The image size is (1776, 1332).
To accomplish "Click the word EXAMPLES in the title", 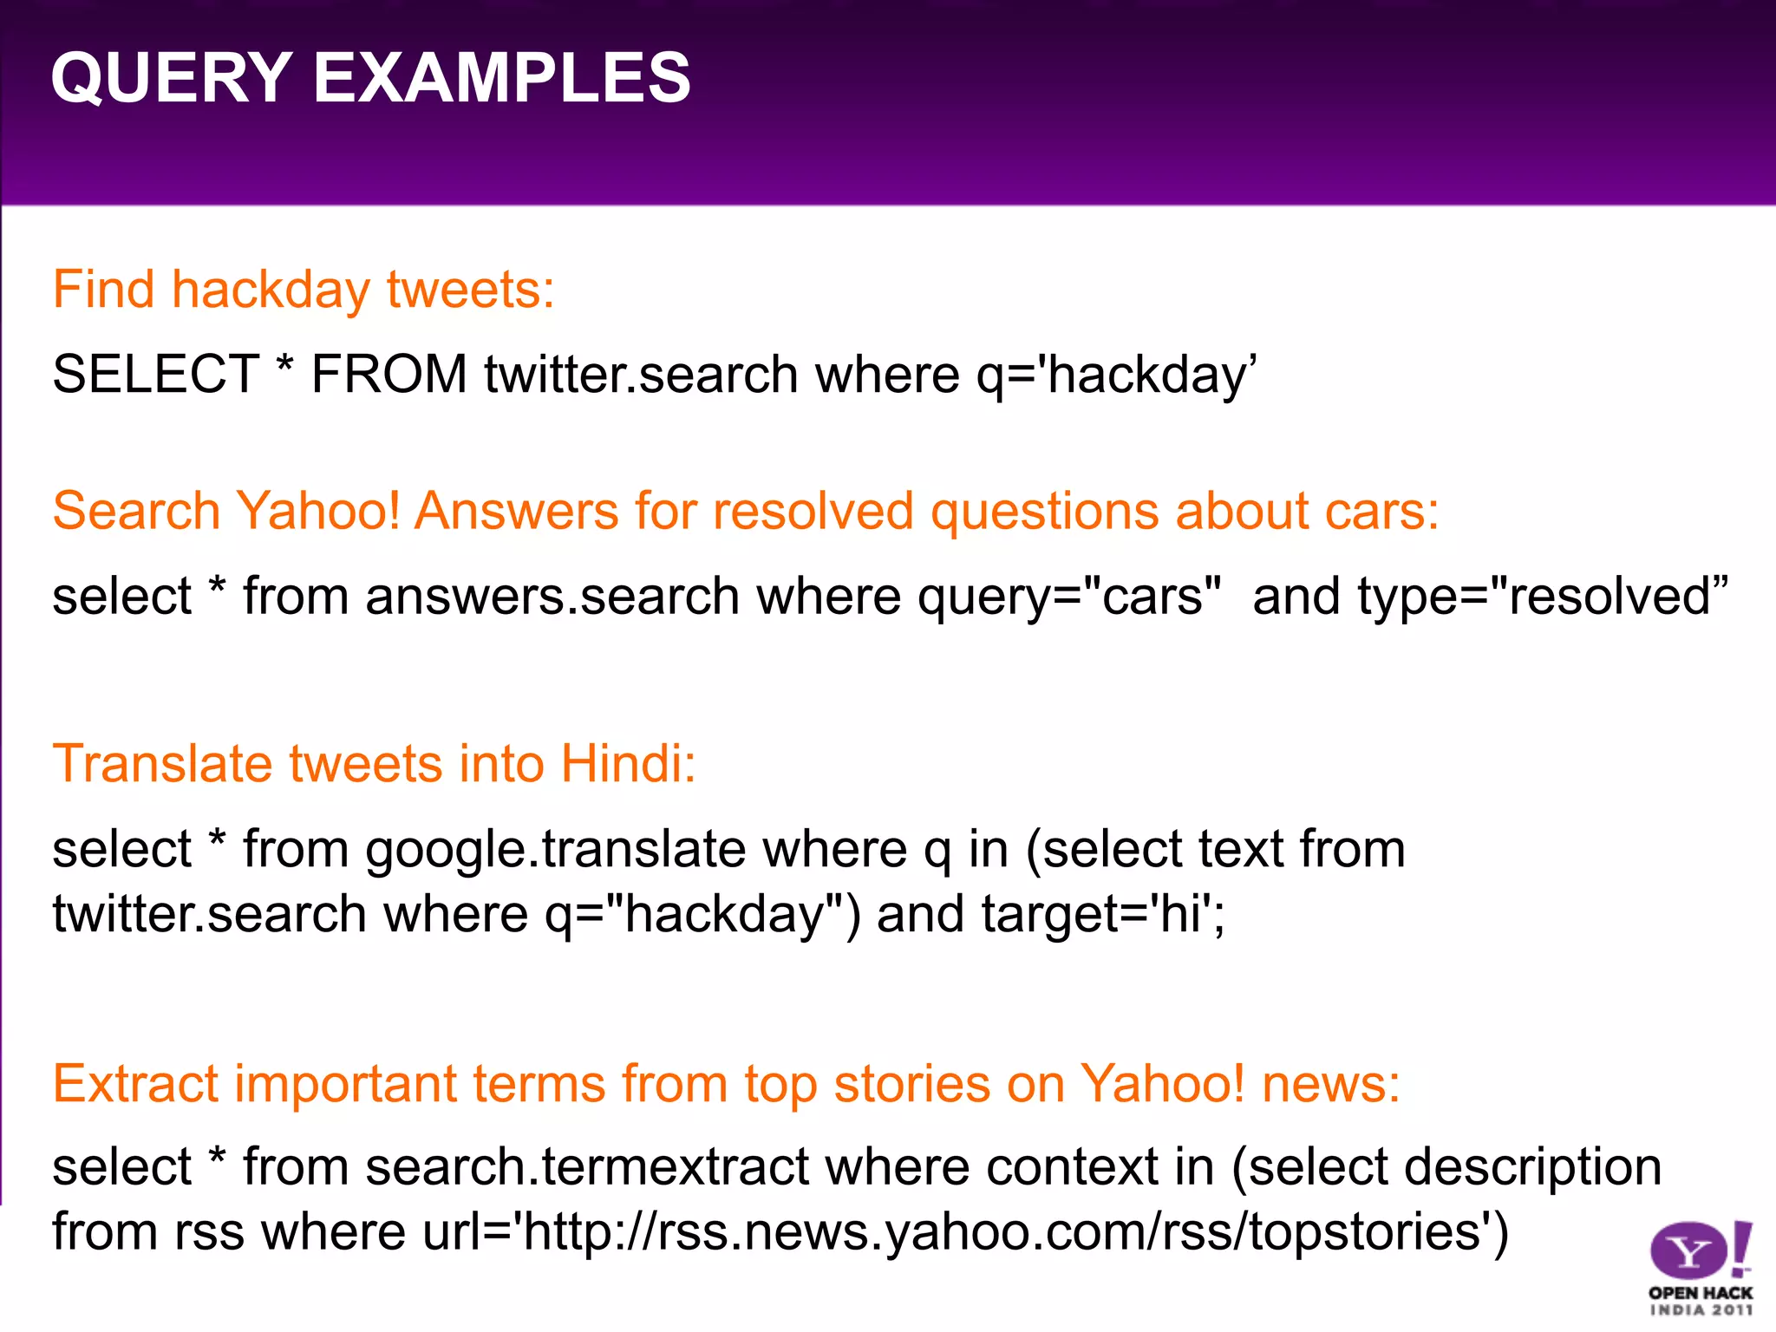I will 501,78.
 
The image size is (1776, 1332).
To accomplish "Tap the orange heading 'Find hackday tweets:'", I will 304,289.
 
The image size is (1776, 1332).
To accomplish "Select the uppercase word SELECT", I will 156,375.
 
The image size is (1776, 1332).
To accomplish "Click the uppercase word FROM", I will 389,375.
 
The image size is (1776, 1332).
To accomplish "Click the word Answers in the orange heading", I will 517,510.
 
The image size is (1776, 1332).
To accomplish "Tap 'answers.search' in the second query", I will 552,597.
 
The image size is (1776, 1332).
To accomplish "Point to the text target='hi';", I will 1104,915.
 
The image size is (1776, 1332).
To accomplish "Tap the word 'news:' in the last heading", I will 1331,1084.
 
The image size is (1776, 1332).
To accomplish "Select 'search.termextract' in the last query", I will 587,1167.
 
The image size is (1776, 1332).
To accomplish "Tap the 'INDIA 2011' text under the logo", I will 1701,1310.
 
